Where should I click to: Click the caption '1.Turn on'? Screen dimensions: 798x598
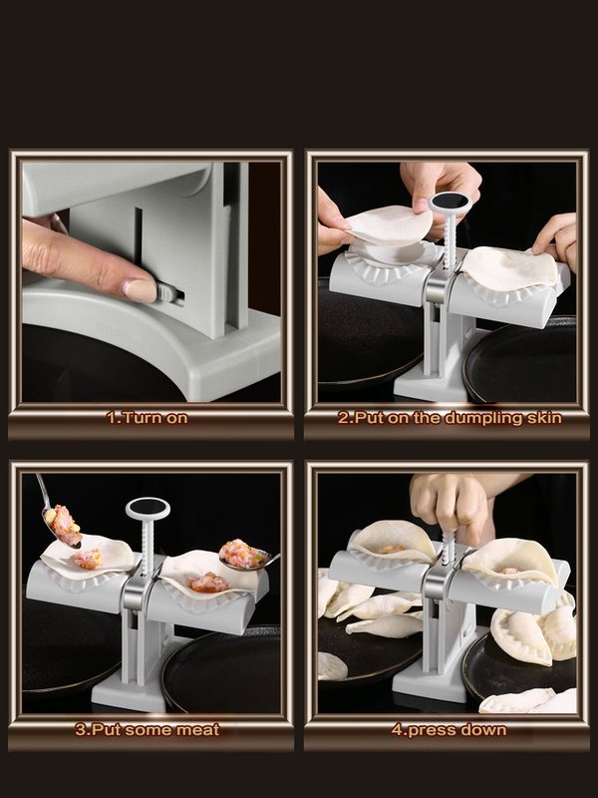(148, 418)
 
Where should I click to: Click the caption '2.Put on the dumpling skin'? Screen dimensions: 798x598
(448, 418)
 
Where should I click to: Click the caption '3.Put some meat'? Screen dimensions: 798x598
(148, 729)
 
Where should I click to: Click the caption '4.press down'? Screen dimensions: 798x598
(448, 729)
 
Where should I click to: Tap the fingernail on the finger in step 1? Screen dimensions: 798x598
(140, 290)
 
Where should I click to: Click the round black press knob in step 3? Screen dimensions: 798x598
(148, 509)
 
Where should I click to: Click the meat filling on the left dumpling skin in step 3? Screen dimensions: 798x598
(88, 559)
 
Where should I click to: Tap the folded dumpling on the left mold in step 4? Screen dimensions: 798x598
(392, 544)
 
